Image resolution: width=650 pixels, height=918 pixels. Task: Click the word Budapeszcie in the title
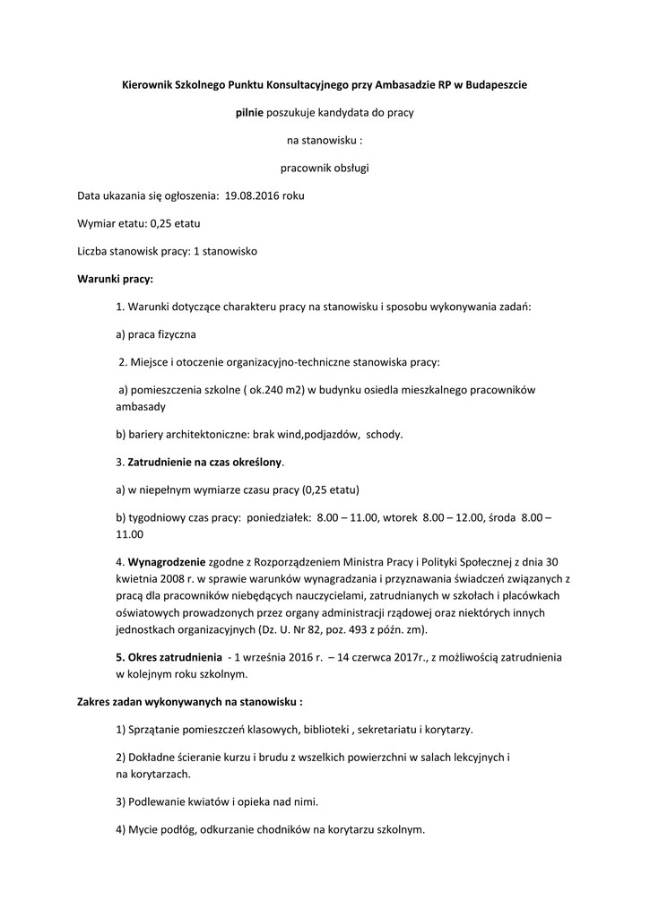(x=494, y=84)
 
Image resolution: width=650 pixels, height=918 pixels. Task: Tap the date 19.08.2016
(x=252, y=195)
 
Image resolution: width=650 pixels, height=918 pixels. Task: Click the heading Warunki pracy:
(x=115, y=279)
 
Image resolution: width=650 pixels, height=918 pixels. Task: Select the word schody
(x=383, y=434)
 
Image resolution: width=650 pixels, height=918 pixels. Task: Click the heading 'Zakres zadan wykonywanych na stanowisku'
(x=189, y=701)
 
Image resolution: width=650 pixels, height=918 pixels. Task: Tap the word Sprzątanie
(x=156, y=729)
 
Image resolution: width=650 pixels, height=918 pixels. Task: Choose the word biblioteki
(x=321, y=729)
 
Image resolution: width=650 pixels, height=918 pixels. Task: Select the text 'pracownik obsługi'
(x=325, y=168)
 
